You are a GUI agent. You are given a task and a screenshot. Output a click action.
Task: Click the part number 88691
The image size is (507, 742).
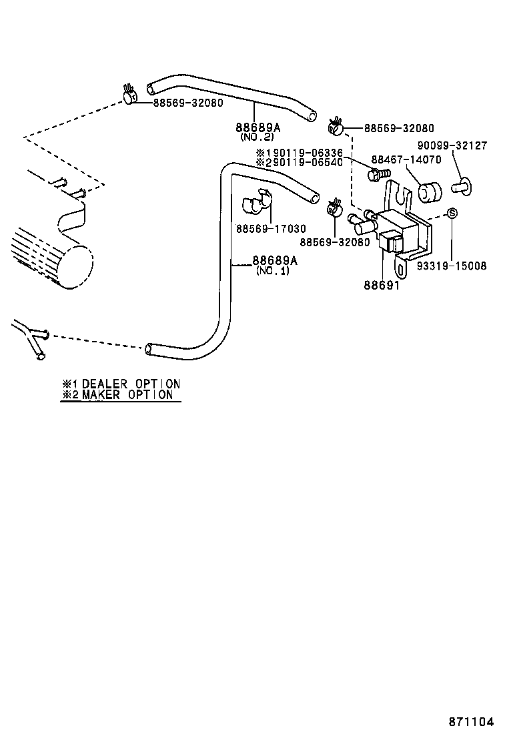[x=382, y=285]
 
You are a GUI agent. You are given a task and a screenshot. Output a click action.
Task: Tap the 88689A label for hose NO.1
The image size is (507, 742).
[x=274, y=261]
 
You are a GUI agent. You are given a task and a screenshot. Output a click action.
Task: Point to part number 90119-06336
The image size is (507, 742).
[x=308, y=153]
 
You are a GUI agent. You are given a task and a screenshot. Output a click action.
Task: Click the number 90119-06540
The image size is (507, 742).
[x=308, y=162]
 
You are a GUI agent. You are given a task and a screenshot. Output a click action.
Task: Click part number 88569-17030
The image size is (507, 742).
[x=271, y=229]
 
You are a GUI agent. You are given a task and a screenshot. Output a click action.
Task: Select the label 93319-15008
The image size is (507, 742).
[x=452, y=266]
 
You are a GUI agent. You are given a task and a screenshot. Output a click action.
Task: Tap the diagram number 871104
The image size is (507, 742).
[x=471, y=722]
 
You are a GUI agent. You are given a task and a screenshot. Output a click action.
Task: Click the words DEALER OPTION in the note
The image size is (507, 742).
[x=130, y=384]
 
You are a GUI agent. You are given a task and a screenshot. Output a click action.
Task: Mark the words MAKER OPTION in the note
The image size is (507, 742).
[x=127, y=394]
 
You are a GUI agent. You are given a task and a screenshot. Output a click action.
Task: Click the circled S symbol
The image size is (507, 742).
[x=452, y=214]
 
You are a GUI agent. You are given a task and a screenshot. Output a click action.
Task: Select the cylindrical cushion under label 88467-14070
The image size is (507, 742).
[x=430, y=192]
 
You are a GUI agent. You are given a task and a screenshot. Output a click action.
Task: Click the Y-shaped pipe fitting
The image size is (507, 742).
[x=30, y=337]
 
